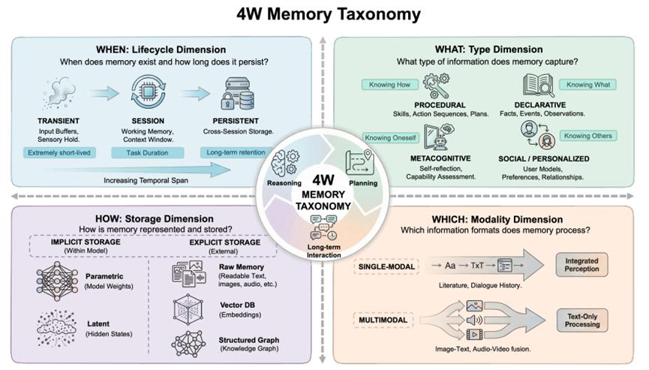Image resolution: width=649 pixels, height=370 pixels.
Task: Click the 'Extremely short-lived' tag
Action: (x=59, y=152)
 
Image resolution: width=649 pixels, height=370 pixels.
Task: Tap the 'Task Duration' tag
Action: (x=147, y=152)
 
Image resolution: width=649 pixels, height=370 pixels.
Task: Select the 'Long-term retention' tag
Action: (x=236, y=152)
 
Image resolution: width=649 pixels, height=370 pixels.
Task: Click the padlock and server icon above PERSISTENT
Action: (x=237, y=94)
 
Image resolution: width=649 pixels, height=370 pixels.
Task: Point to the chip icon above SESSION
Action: (x=148, y=92)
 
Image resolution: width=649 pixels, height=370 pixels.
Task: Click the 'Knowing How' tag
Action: (x=389, y=84)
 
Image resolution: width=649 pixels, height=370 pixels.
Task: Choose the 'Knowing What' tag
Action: (x=588, y=84)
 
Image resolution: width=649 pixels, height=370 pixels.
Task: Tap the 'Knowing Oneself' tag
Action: (x=390, y=138)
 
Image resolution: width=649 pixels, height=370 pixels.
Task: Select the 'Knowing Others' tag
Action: (x=588, y=136)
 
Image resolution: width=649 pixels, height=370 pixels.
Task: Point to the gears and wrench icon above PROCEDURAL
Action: (x=436, y=86)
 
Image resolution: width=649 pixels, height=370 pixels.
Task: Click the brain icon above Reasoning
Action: (x=285, y=163)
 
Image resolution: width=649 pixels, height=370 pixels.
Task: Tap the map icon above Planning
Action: (x=360, y=163)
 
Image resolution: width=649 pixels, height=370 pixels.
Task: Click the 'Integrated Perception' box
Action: (x=581, y=265)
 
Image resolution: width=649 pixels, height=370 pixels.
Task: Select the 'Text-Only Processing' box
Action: (x=582, y=320)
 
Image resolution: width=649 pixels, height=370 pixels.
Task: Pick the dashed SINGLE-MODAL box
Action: (x=386, y=267)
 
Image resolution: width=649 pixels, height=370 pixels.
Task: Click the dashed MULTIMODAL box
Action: (x=383, y=320)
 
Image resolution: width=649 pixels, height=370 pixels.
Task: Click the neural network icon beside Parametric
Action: (x=57, y=281)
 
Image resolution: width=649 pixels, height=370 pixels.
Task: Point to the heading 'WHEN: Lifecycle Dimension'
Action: (x=161, y=50)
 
